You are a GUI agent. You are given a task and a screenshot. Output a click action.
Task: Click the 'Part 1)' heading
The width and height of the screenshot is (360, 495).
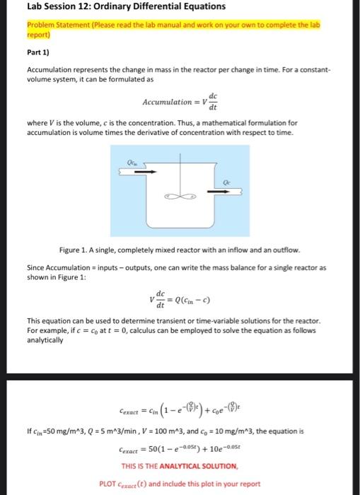tap(37, 51)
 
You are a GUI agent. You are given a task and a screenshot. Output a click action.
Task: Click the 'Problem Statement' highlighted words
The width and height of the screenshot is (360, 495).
tap(58, 24)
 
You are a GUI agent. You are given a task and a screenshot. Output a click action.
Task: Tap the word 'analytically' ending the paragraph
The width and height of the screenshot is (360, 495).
tap(45, 340)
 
